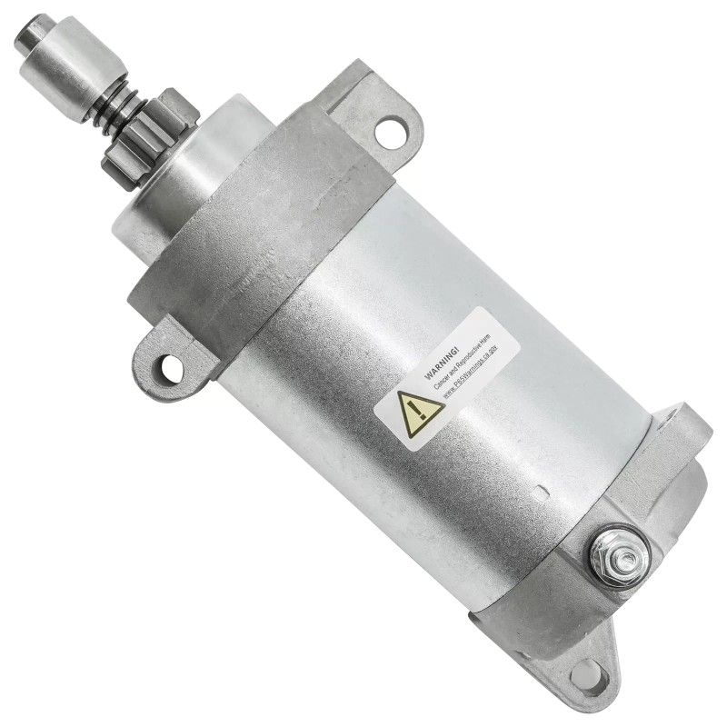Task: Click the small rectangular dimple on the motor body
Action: pyautogui.click(x=543, y=496)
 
